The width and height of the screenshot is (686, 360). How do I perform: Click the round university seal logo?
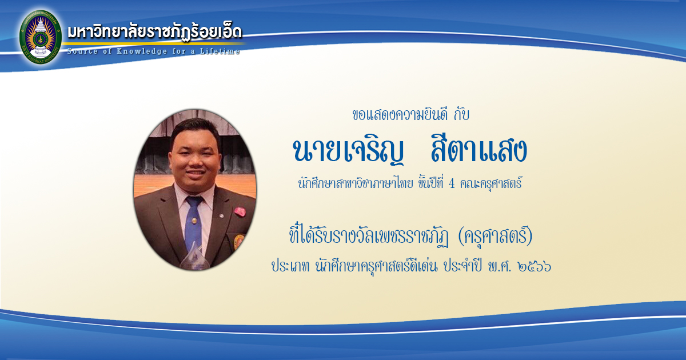click(41, 37)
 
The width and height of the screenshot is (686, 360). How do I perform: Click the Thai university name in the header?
click(155, 31)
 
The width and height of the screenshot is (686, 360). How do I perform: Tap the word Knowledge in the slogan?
click(142, 51)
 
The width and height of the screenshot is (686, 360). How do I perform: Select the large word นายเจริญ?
click(348, 151)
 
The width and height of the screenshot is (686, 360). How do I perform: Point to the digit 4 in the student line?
click(452, 183)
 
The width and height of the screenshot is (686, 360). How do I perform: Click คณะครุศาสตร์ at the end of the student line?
click(491, 183)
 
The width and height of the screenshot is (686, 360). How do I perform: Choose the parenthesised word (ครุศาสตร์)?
click(495, 237)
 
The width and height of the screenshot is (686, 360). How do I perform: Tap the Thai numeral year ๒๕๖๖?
click(535, 266)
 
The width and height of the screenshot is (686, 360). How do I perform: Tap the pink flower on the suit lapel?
click(240, 212)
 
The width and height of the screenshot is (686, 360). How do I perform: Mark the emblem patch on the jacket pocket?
click(238, 242)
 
